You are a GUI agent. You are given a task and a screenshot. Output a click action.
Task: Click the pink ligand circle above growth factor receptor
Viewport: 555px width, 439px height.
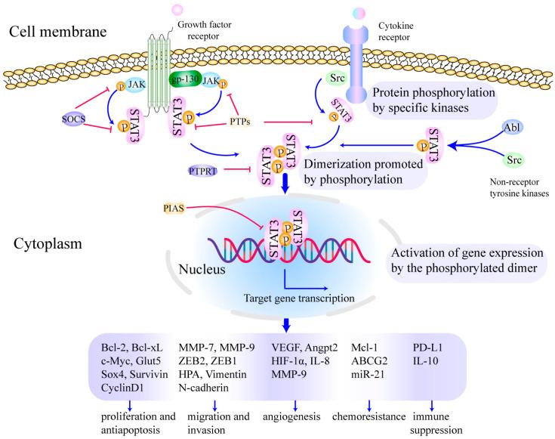click(x=177, y=9)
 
